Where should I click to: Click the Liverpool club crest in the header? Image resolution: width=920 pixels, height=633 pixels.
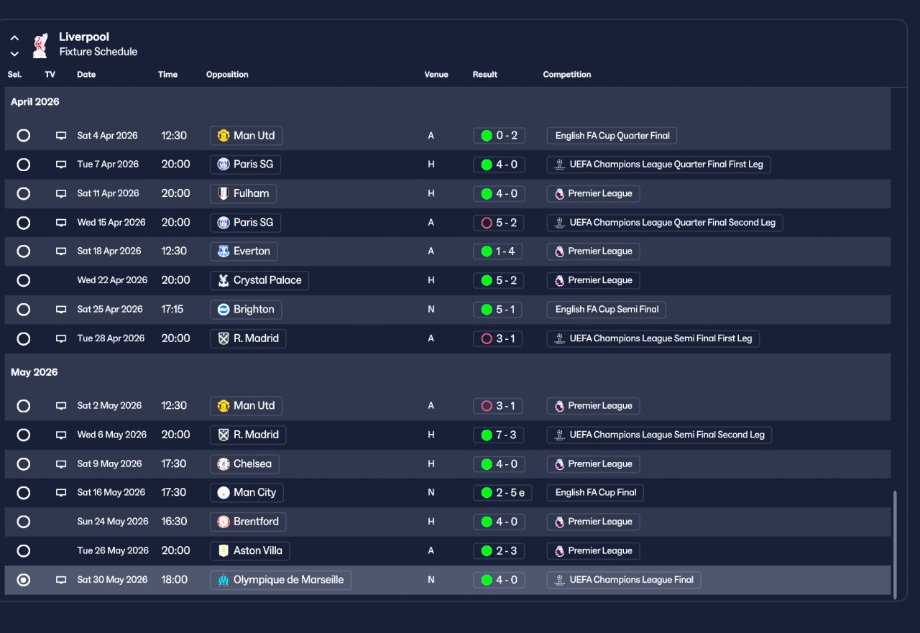click(40, 45)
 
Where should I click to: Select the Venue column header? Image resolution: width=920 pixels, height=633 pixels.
click(436, 75)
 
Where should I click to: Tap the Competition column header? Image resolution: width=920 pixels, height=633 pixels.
click(566, 75)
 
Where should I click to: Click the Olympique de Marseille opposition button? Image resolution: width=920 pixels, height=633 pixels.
click(280, 580)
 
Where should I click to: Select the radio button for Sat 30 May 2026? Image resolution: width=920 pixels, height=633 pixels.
click(24, 580)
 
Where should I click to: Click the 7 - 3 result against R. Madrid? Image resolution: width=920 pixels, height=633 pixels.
click(499, 435)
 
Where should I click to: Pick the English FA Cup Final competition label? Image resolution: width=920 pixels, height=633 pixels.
click(595, 493)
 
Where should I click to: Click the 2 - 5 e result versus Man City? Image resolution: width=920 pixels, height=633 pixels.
click(502, 493)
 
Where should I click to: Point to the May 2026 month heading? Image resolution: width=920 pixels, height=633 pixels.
click(34, 372)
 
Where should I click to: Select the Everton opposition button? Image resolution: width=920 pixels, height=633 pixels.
click(244, 251)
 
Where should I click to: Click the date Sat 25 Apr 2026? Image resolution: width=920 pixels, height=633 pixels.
click(110, 310)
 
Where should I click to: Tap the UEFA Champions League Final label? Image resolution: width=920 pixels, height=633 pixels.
click(623, 580)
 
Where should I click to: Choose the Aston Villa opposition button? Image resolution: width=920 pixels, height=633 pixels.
click(249, 551)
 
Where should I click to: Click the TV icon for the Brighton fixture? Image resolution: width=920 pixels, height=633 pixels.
click(61, 310)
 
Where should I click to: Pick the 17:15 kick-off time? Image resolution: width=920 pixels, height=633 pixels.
click(172, 310)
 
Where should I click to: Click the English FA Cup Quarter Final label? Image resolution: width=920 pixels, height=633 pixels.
click(612, 136)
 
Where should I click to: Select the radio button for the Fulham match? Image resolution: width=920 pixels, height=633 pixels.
click(24, 194)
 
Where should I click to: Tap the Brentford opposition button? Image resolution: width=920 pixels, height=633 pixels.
click(248, 522)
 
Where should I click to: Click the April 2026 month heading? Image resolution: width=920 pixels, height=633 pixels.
click(34, 102)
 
